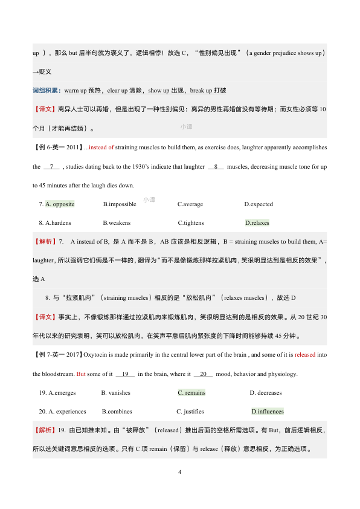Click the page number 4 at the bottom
(x=180, y=472)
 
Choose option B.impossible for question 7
(x=120, y=204)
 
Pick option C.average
(x=191, y=204)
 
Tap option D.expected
(x=259, y=204)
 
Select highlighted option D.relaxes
(x=257, y=223)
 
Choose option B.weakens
(x=117, y=223)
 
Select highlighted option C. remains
(x=191, y=393)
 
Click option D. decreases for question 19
(x=266, y=393)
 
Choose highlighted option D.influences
(x=268, y=412)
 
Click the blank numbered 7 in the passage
(x=52, y=166)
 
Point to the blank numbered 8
(x=216, y=166)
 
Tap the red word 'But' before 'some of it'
(x=81, y=374)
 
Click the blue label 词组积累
(x=46, y=91)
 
